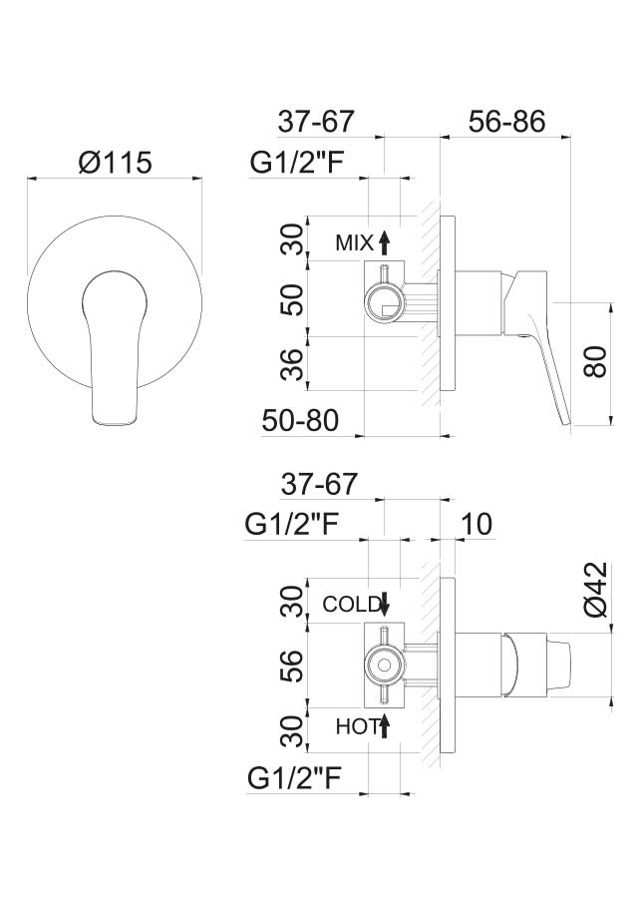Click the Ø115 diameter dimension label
(x=115, y=163)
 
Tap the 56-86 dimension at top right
(x=506, y=122)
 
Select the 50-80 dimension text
(x=300, y=420)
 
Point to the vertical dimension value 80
(x=595, y=361)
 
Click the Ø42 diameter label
(x=595, y=589)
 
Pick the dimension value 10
(x=477, y=524)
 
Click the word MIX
(x=354, y=243)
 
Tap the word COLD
(x=351, y=604)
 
